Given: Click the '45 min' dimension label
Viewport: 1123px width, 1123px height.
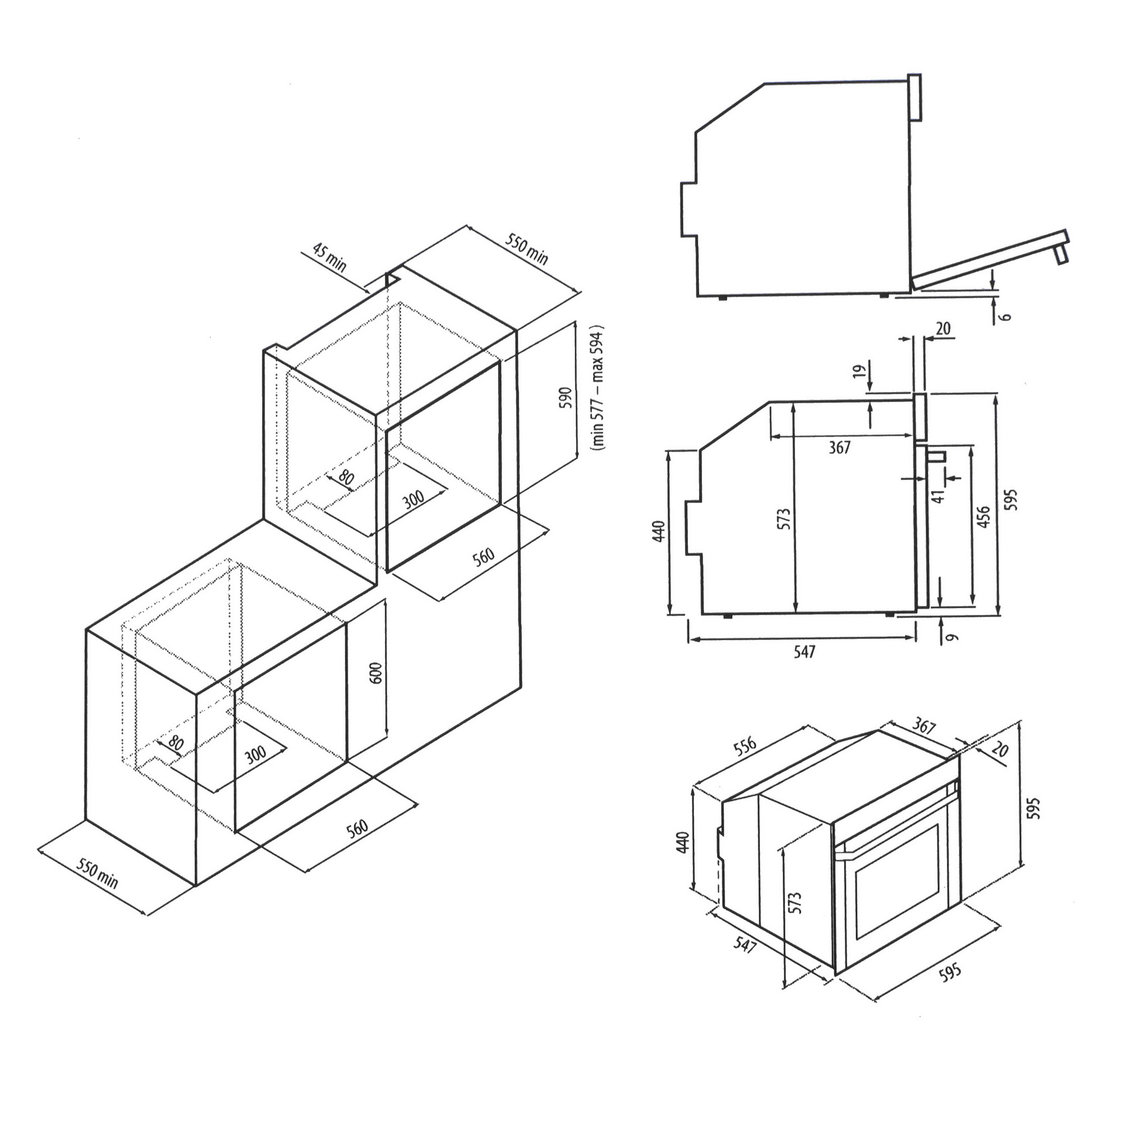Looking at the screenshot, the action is pyautogui.click(x=330, y=257).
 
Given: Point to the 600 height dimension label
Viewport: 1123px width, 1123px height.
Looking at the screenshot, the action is pyautogui.click(x=376, y=673).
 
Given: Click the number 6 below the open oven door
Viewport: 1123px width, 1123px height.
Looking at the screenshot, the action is pyautogui.click(x=1006, y=317).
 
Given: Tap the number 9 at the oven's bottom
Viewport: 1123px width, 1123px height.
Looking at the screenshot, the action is pyautogui.click(x=951, y=637).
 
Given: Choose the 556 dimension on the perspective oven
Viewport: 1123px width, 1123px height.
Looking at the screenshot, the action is pyautogui.click(x=745, y=746).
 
